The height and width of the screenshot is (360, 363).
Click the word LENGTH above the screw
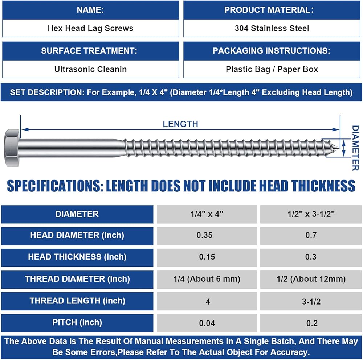click(x=180, y=124)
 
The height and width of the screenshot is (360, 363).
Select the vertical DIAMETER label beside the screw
click(x=355, y=148)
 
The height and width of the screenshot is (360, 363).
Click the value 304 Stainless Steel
click(x=272, y=28)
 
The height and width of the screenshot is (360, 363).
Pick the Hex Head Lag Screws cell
click(x=90, y=28)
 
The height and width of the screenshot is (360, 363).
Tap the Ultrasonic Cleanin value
click(x=90, y=69)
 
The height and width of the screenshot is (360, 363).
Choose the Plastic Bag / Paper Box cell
click(x=272, y=69)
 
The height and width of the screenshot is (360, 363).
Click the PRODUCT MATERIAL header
click(x=272, y=10)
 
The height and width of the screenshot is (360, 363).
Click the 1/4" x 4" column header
click(x=207, y=214)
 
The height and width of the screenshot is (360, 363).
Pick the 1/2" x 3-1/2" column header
click(x=312, y=214)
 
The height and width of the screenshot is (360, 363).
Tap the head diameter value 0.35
click(x=207, y=236)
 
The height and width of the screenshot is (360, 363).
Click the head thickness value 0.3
click(x=312, y=257)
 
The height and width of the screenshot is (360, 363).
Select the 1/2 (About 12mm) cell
click(x=312, y=279)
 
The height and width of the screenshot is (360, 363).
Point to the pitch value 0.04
click(x=207, y=323)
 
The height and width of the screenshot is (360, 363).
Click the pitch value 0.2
click(x=312, y=323)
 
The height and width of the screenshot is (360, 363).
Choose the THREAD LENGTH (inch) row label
click(x=77, y=301)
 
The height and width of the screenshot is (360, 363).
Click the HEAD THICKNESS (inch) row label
click(x=77, y=257)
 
